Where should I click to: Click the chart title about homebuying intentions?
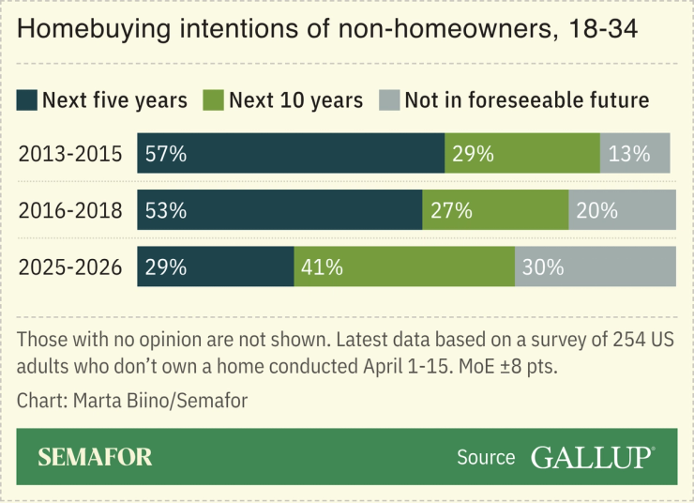pyautogui.click(x=327, y=30)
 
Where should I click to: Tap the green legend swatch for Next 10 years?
pyautogui.click(x=215, y=99)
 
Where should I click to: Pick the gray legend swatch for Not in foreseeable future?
pyautogui.click(x=389, y=99)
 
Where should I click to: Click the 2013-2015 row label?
pyautogui.click(x=70, y=154)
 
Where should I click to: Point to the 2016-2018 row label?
pyautogui.click(x=70, y=210)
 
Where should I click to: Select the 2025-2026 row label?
pyautogui.click(x=70, y=267)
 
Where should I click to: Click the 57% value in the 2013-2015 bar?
pyautogui.click(x=166, y=154)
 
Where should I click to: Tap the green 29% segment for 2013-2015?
pyautogui.click(x=521, y=154)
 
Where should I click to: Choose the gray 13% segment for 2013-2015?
pyautogui.click(x=635, y=154)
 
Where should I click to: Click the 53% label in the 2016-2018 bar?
pyautogui.click(x=166, y=210)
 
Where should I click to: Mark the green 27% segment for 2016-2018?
pyautogui.click(x=495, y=210)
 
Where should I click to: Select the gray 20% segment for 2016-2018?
pyautogui.click(x=622, y=210)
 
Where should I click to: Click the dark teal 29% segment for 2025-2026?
pyautogui.click(x=216, y=267)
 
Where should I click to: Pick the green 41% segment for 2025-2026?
pyautogui.click(x=404, y=267)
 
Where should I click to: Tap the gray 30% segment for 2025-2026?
pyautogui.click(x=595, y=267)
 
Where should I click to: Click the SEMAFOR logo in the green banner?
pyautogui.click(x=95, y=457)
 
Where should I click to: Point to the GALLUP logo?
pyautogui.click(x=592, y=457)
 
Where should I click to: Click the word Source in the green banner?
pyautogui.click(x=486, y=458)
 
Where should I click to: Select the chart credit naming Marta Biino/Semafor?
pyautogui.click(x=132, y=401)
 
